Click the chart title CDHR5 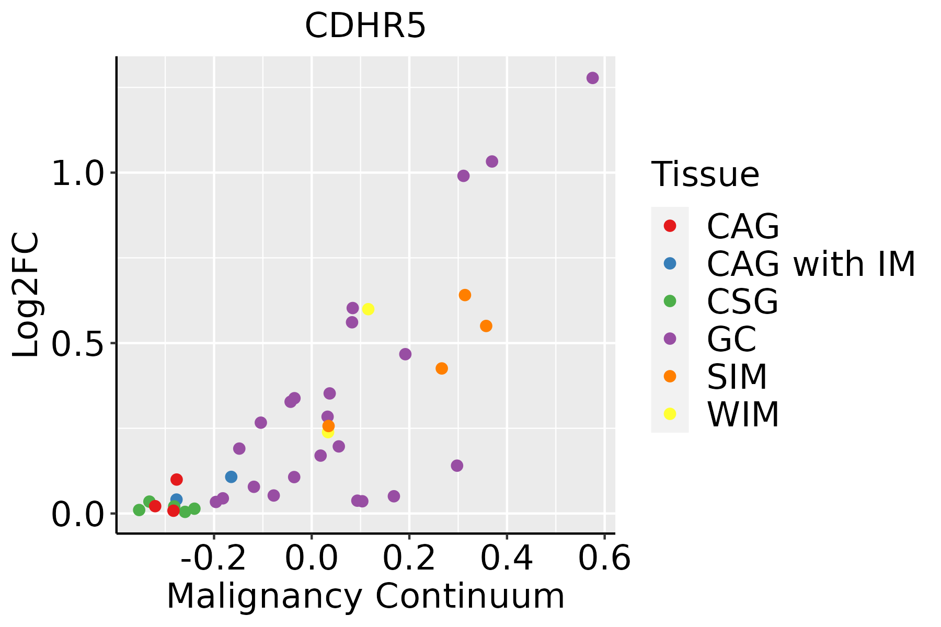pos(365,26)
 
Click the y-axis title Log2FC pos(26,295)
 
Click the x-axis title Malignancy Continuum pos(365,597)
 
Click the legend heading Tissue pos(705,175)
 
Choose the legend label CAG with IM pos(811,264)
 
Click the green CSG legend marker pos(670,301)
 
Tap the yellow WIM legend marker pos(670,414)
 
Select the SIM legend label pos(737,377)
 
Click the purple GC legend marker pos(670,339)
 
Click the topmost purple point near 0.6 pos(592,78)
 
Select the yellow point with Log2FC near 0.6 pos(368,309)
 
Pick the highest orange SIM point pos(465,295)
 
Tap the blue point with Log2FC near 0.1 pos(231,477)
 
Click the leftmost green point pos(139,510)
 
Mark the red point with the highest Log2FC pos(177,479)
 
